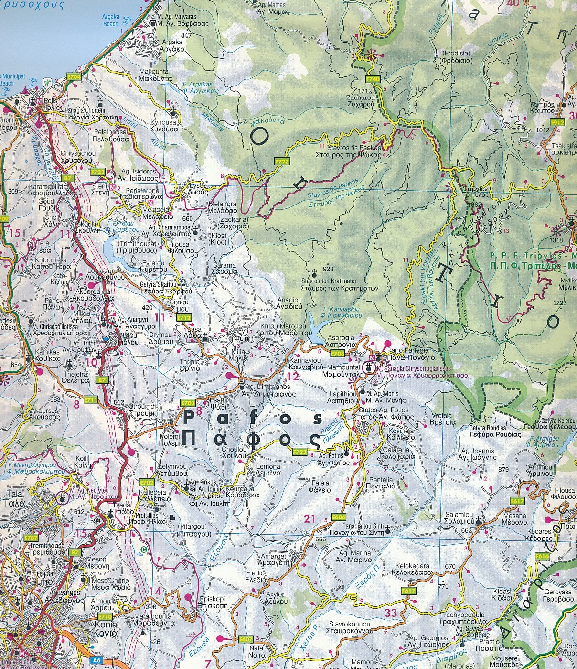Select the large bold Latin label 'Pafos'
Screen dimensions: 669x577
[252, 418]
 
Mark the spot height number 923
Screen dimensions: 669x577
[329, 269]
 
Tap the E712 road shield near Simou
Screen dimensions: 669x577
[183, 317]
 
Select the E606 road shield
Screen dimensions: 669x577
[338, 517]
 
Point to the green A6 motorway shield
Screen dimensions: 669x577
[97, 660]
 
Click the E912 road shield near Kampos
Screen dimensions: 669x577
[557, 122]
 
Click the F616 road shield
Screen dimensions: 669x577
[542, 556]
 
